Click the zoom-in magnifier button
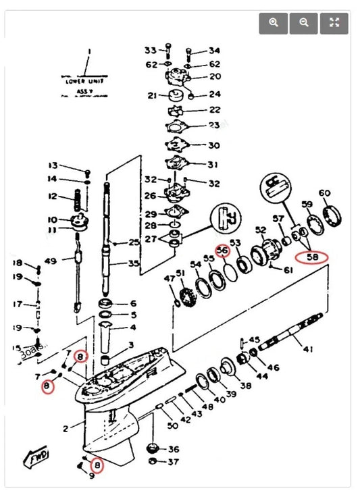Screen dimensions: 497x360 pyautogui.click(x=274, y=22)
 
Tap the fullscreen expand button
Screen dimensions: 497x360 pyautogui.click(x=334, y=22)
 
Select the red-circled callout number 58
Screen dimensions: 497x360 pyautogui.click(x=313, y=257)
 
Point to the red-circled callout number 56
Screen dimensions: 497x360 pyautogui.click(x=223, y=250)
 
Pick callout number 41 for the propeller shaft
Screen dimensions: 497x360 pyautogui.click(x=308, y=349)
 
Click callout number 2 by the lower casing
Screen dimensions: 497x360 pyautogui.click(x=66, y=428)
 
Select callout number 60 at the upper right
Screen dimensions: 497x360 pyautogui.click(x=325, y=193)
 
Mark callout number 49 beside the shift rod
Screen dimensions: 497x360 pyautogui.click(x=50, y=261)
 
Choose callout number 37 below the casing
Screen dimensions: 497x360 pyautogui.click(x=174, y=462)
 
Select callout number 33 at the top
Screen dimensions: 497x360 pyautogui.click(x=150, y=50)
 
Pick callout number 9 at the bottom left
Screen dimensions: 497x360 pyautogui.click(x=92, y=476)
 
